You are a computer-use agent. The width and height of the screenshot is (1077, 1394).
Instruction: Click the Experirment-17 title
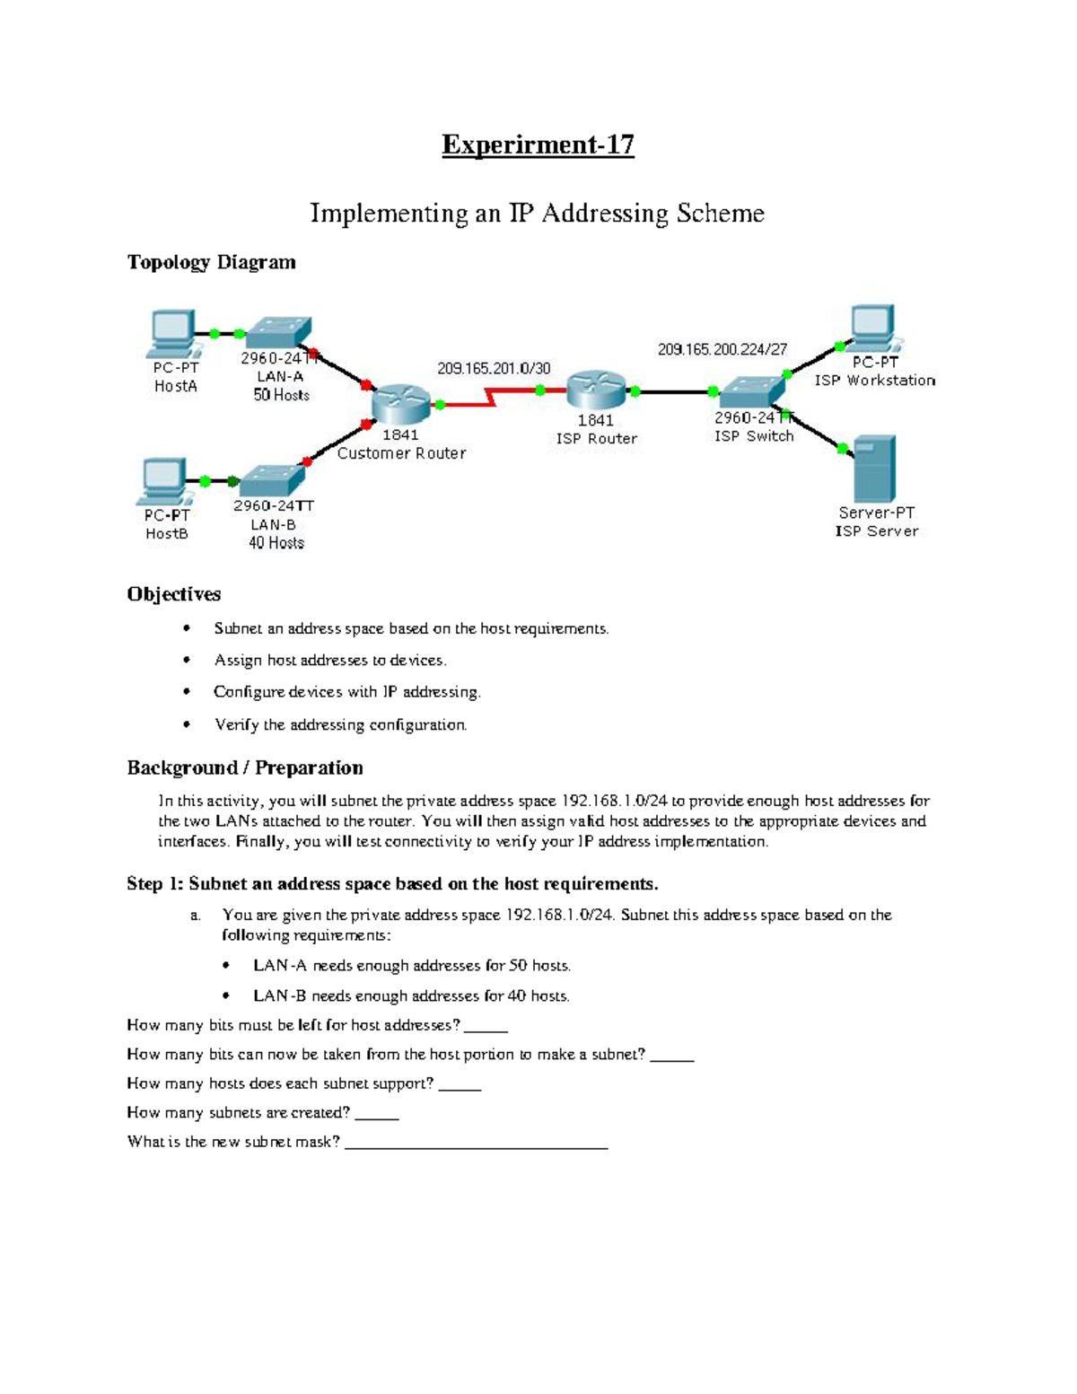(538, 145)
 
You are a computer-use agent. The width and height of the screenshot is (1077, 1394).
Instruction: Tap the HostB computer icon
(164, 480)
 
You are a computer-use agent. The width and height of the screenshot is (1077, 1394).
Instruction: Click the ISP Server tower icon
(874, 469)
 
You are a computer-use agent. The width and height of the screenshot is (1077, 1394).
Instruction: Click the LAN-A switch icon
(279, 332)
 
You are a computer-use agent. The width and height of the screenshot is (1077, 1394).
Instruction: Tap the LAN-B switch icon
(272, 481)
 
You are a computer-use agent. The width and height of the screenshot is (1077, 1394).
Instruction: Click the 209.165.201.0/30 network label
(494, 368)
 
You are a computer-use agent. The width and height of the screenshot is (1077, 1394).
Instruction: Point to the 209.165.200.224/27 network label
(722, 349)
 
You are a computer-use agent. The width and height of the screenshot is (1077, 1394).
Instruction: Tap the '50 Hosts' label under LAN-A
(281, 395)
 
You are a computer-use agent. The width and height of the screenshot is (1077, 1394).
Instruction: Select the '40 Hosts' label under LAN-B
(276, 543)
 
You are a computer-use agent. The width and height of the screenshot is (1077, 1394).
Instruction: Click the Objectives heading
(173, 594)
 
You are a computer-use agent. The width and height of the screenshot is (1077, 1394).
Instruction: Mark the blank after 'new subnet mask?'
(476, 1144)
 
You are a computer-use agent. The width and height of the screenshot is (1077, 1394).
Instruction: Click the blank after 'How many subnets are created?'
(377, 1115)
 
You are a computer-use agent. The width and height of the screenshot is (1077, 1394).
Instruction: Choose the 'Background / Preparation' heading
(245, 767)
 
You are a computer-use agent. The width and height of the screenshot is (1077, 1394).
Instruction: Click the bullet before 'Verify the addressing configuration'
(187, 724)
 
